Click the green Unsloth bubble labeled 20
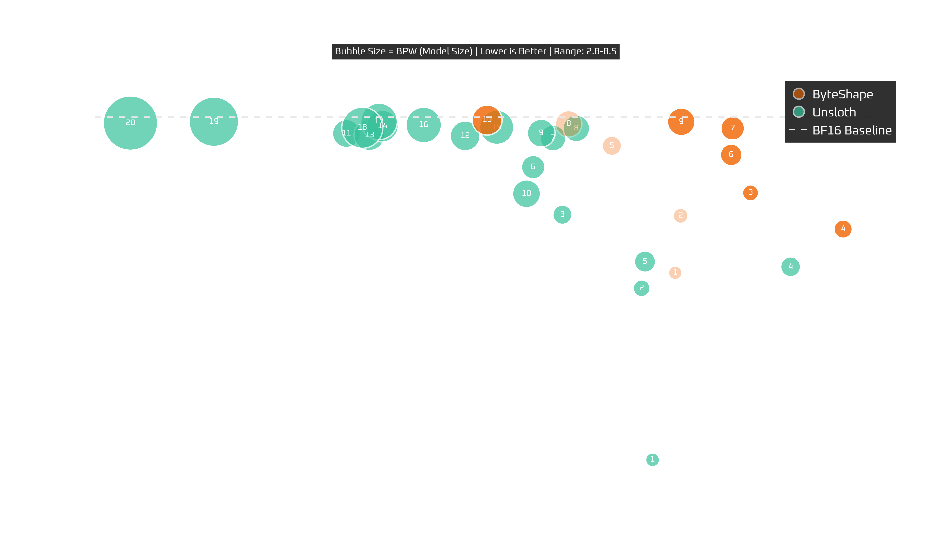tap(130, 123)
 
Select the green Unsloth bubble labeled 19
tap(214, 121)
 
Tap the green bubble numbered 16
tap(424, 125)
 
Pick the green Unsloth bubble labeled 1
tap(652, 460)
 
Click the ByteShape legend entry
tap(842, 94)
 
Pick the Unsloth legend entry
tap(834, 112)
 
